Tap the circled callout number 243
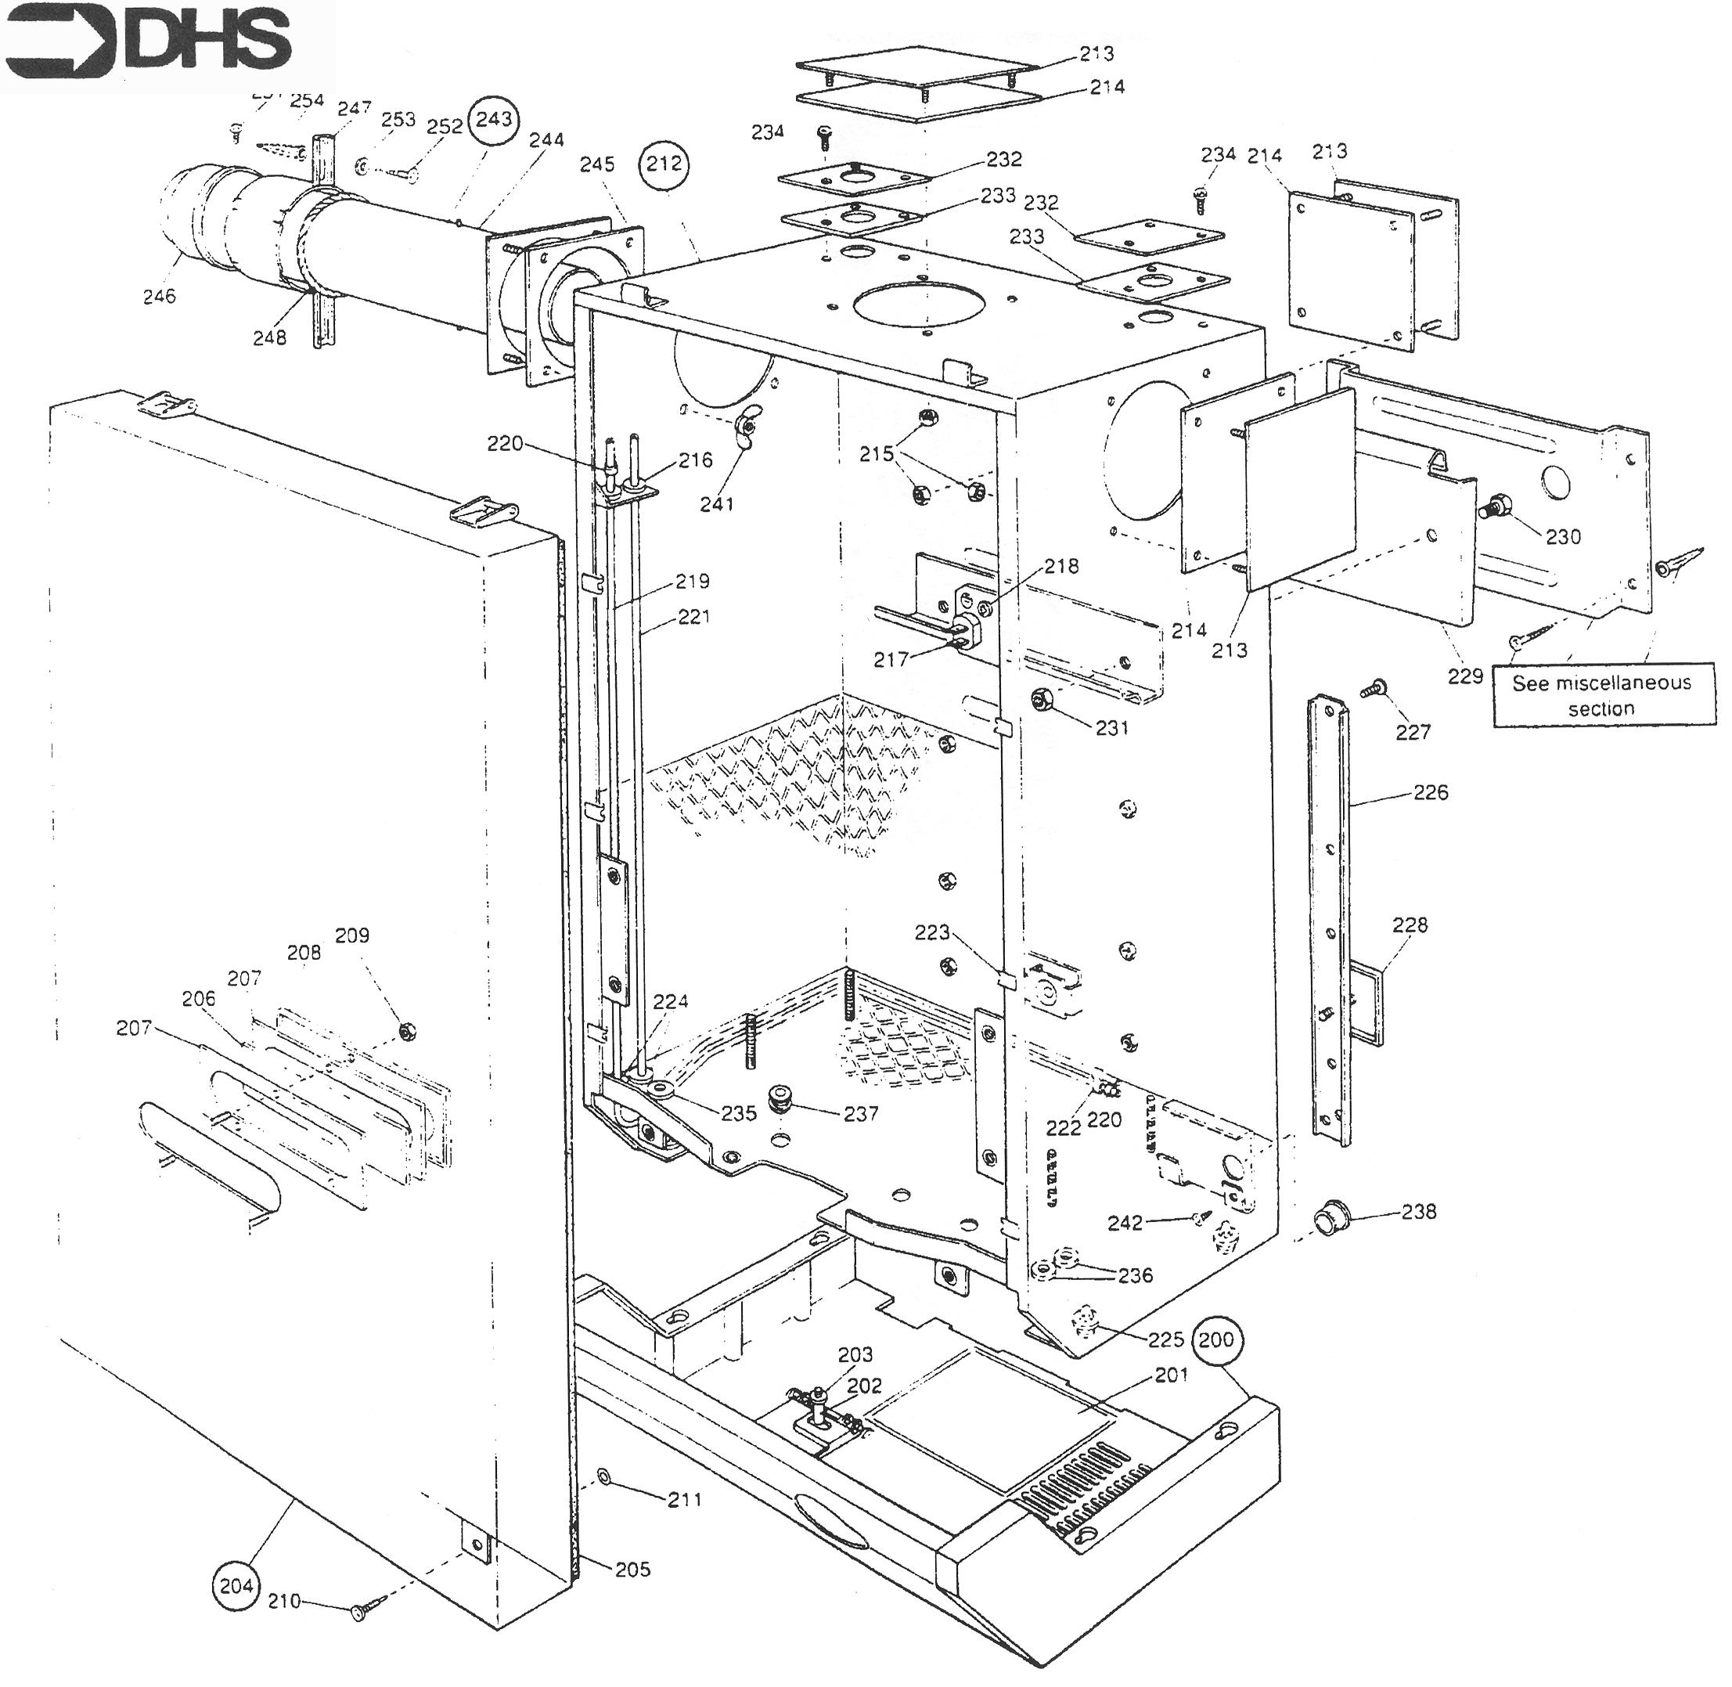pos(494,119)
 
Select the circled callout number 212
pos(664,164)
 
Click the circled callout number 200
pos(1215,1339)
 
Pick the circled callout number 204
pos(236,1586)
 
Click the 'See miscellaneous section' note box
pos(1600,695)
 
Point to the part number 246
pos(160,297)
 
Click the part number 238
pos(1417,1211)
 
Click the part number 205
pos(632,1569)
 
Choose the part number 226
pos(1431,792)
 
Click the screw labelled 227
pos(1377,686)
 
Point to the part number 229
pos(1464,676)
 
